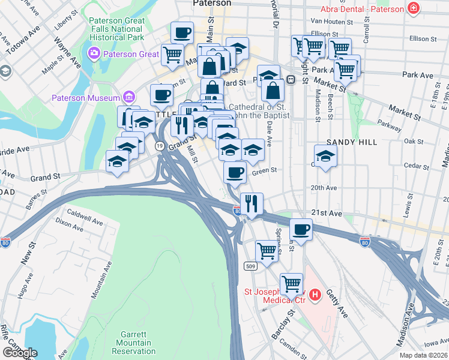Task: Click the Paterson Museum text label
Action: [x=86, y=98]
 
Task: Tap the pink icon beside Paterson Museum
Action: [x=128, y=97]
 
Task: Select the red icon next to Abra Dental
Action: [x=413, y=8]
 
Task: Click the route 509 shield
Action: [x=251, y=265]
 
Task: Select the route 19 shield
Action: [x=159, y=146]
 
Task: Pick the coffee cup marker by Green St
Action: [x=235, y=173]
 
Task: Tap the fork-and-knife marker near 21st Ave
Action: [x=252, y=203]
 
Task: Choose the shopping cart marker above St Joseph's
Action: [x=292, y=283]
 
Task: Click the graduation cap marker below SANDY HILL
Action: [x=326, y=157]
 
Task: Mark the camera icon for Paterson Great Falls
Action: [x=94, y=54]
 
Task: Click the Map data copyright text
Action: [x=423, y=355]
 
